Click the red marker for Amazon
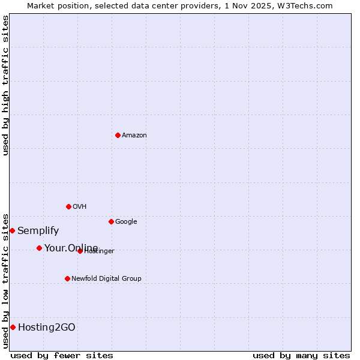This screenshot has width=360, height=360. [x=118, y=135]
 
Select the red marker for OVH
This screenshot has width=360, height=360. [x=68, y=206]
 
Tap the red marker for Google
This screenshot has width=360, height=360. [x=111, y=221]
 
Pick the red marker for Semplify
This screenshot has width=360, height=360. [x=12, y=230]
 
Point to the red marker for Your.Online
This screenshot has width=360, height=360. [x=39, y=248]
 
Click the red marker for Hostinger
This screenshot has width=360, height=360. [x=80, y=251]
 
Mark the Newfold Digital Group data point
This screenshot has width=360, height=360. [x=67, y=278]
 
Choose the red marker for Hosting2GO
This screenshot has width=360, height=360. [x=13, y=327]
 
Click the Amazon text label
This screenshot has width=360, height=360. [x=134, y=136]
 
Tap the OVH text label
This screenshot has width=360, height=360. [x=80, y=207]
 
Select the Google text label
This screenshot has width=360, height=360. [x=126, y=222]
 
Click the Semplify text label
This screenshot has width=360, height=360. [x=38, y=231]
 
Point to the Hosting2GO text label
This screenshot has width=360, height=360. [x=47, y=328]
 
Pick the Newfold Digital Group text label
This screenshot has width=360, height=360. [x=106, y=279]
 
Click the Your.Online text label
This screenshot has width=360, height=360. [x=71, y=248]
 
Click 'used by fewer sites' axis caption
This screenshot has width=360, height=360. [x=62, y=355]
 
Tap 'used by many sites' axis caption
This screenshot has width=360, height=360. [x=301, y=355]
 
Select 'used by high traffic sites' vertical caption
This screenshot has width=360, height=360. [x=5, y=86]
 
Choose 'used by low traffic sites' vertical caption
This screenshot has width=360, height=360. [x=5, y=280]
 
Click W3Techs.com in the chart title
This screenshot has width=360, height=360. [x=310, y=6]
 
